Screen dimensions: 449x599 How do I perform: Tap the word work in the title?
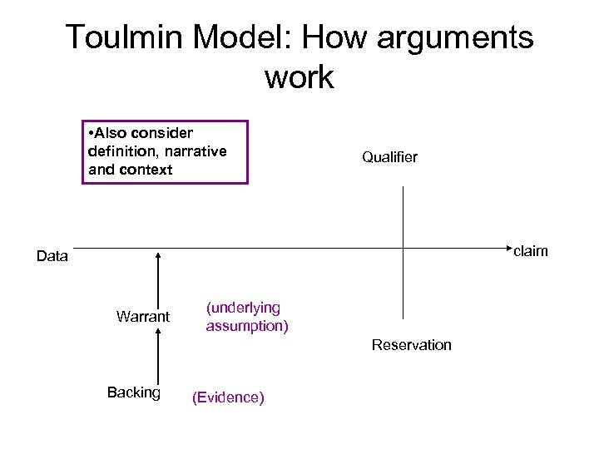299,77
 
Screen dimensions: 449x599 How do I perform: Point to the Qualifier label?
389,157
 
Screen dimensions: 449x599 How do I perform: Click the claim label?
530,250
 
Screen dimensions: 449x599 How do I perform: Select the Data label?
52,256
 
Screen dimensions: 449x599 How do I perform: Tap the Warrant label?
143,317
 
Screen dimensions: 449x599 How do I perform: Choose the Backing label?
134,392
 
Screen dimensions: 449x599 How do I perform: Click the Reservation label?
411,344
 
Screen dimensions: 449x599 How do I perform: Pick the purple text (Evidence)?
228,398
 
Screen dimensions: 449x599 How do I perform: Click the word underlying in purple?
243,308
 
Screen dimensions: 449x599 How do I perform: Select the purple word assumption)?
247,326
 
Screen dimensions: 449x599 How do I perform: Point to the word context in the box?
144,170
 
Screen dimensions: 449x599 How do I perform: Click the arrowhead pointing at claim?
505,247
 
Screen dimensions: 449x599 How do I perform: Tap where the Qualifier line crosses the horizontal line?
403,247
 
